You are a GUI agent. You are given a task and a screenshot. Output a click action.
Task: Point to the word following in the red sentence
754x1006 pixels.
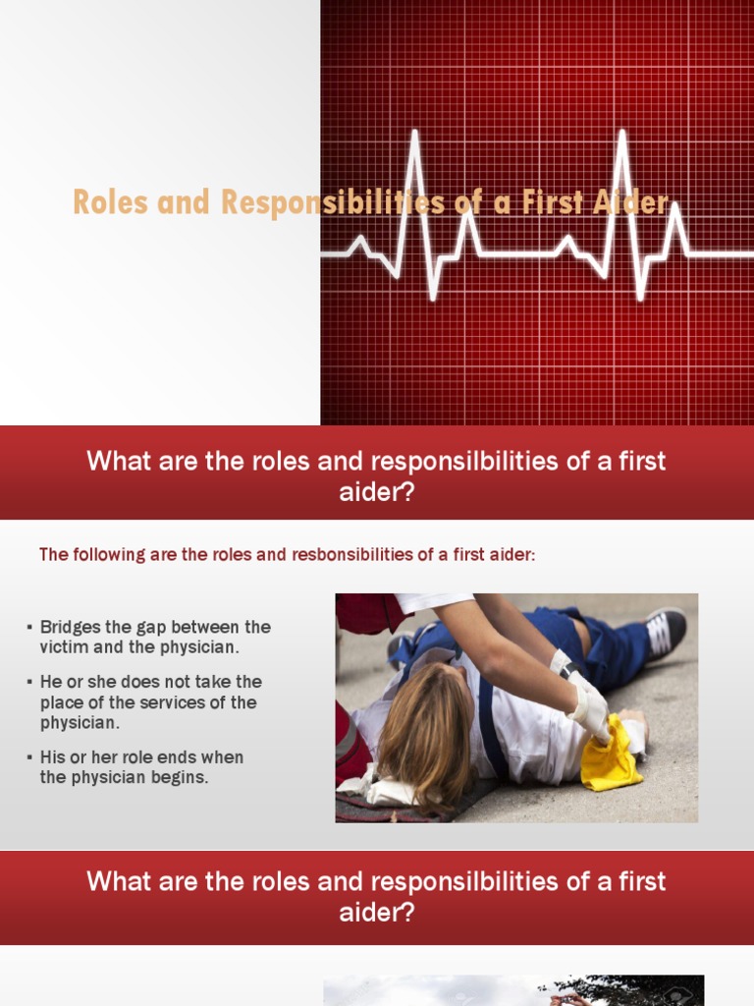point(104,555)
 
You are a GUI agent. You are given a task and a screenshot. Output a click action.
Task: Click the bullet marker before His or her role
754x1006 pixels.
point(30,757)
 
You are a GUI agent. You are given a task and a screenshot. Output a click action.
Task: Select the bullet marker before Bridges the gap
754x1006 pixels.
point(30,627)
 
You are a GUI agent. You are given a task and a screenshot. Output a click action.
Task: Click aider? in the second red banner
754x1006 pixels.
point(377,913)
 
